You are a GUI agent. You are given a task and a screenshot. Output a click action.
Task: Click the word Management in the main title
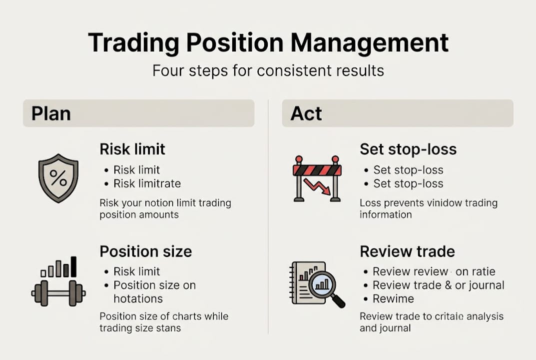pos(370,43)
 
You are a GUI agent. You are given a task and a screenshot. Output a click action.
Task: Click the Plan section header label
pos(51,113)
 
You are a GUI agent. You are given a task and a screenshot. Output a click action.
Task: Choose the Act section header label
pos(306,113)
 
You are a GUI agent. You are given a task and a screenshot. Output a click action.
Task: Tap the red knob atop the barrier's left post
pos(299,160)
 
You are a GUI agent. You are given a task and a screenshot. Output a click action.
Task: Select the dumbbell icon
pos(58,292)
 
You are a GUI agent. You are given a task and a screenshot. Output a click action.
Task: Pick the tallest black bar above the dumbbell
pos(73,266)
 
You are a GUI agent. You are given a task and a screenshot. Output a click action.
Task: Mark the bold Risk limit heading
pos(132,149)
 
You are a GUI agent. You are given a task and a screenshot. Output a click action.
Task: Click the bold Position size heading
pos(145,251)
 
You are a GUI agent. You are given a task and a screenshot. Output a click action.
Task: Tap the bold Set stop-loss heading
pos(408,149)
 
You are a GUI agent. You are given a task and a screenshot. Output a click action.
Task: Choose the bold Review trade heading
pos(407,251)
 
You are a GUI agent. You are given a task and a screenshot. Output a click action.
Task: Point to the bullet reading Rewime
pos(393,299)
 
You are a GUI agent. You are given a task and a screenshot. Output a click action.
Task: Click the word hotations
pos(138,299)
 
